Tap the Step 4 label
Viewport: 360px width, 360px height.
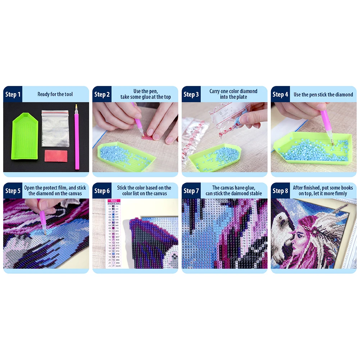(x=281, y=95)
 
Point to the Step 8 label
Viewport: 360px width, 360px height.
(x=281, y=191)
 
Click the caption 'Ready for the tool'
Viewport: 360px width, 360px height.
(x=55, y=95)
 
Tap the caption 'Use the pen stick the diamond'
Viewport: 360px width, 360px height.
(x=323, y=95)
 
